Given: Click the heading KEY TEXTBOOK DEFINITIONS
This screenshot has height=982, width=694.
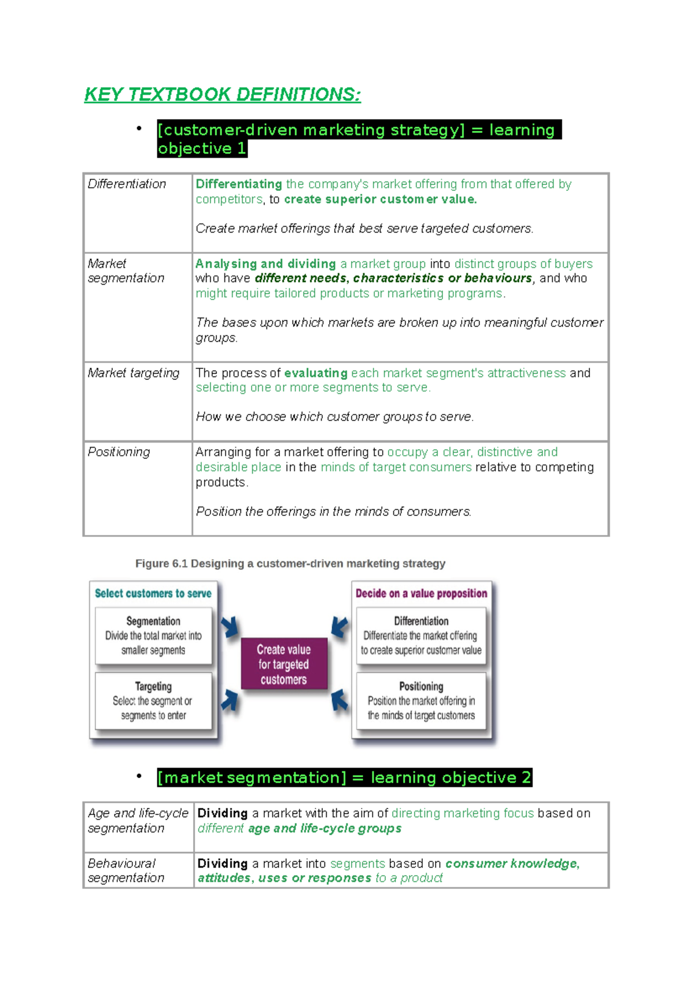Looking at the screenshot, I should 223,94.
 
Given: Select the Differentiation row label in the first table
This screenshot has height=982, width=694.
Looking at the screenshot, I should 127,184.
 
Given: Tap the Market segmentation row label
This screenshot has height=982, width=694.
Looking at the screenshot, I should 125,271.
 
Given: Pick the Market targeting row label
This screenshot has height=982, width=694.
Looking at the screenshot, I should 134,373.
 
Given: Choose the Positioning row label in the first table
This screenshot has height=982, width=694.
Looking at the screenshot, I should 119,452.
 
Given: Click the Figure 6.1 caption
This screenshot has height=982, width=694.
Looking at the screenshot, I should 290,563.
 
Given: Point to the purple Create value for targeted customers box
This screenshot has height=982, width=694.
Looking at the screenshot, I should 283,664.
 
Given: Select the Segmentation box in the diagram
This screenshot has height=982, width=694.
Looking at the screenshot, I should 153,635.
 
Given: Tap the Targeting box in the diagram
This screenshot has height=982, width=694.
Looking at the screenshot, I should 153,700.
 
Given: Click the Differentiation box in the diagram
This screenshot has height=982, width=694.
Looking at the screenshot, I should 421,635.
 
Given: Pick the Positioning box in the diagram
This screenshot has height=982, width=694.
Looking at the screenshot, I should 421,700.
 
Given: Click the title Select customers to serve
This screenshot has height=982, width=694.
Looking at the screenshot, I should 153,593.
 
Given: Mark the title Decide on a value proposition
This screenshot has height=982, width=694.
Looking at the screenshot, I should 421,593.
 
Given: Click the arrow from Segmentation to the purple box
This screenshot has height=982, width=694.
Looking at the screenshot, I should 230,626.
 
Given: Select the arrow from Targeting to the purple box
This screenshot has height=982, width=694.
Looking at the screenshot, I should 230,700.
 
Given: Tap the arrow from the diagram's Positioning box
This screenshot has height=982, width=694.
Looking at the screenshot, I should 339,700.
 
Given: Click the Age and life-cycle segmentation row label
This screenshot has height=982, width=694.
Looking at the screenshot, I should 138,821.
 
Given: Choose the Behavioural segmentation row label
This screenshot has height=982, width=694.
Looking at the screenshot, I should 125,870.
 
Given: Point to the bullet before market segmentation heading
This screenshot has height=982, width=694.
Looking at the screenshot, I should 139,776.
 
